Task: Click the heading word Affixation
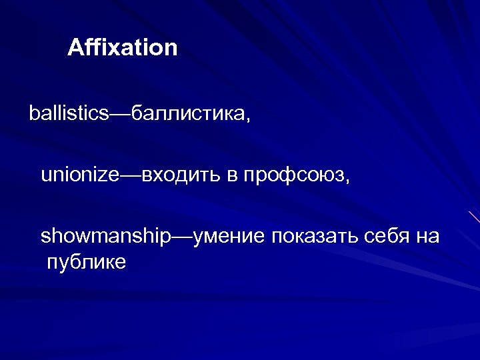pyautogui.click(x=123, y=48)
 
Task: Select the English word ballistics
pyautogui.click(x=68, y=113)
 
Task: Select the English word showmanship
pyautogui.click(x=105, y=237)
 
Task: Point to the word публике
pyautogui.click(x=86, y=262)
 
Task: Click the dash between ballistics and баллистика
pyautogui.click(x=120, y=114)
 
